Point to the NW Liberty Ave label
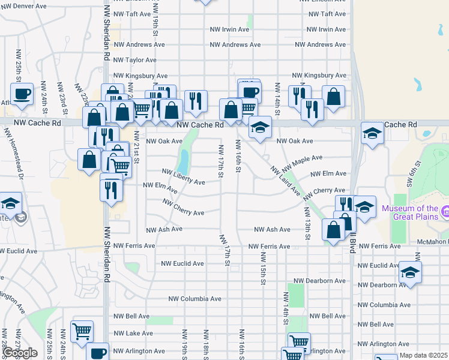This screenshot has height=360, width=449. [x=184, y=178]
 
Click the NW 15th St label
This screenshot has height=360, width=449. [x=263, y=268]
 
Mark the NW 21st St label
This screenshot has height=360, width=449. [x=136, y=147]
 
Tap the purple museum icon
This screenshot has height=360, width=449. [x=445, y=211]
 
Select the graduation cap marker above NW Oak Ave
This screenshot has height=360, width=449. [x=261, y=127]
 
